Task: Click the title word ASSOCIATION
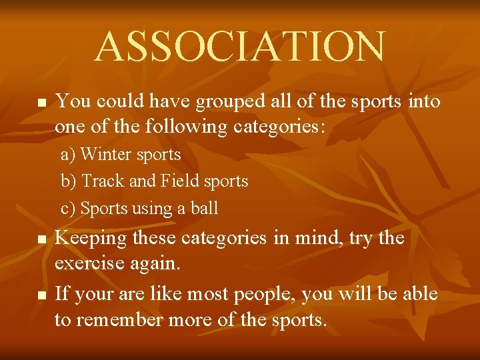click(x=239, y=47)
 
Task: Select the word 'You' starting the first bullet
click(x=69, y=101)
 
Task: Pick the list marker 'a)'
click(x=68, y=155)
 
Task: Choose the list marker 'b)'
click(x=69, y=181)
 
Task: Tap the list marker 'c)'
click(x=68, y=209)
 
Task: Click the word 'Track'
click(x=99, y=181)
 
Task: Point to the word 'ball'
click(x=205, y=209)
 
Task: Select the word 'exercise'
click(x=87, y=265)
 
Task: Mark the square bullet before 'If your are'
click(x=41, y=295)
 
